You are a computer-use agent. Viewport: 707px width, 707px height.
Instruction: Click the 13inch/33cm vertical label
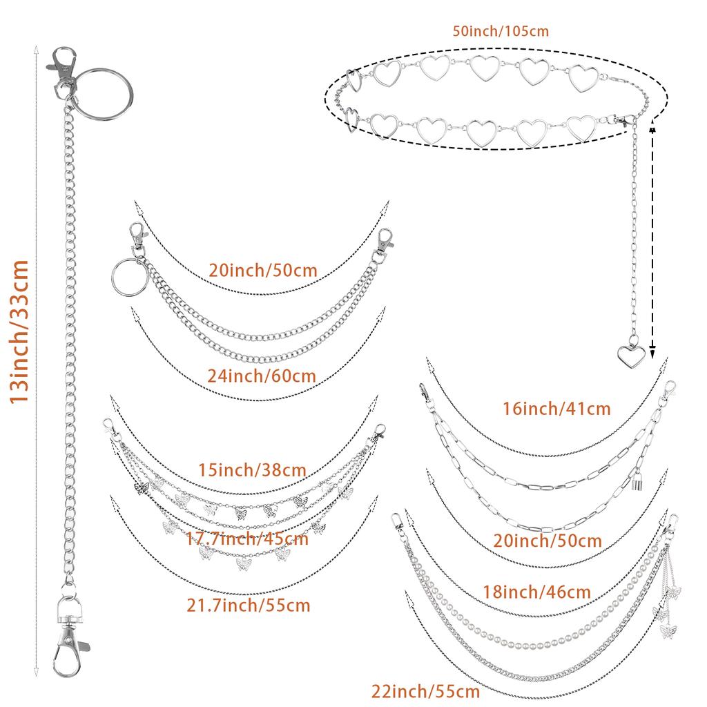(18, 331)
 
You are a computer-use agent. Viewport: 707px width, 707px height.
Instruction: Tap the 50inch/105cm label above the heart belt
(501, 30)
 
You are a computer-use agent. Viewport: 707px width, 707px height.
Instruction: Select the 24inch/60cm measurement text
(262, 376)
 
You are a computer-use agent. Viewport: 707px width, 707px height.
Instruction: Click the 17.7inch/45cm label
(248, 538)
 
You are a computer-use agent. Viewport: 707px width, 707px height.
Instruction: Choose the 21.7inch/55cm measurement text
(249, 606)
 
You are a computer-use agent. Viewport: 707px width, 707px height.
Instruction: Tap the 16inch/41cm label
(556, 409)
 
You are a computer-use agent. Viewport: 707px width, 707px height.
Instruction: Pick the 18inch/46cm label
(537, 592)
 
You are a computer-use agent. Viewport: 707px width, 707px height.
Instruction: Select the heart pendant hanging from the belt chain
(632, 355)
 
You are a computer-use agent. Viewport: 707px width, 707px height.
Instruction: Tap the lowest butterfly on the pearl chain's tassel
(668, 629)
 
